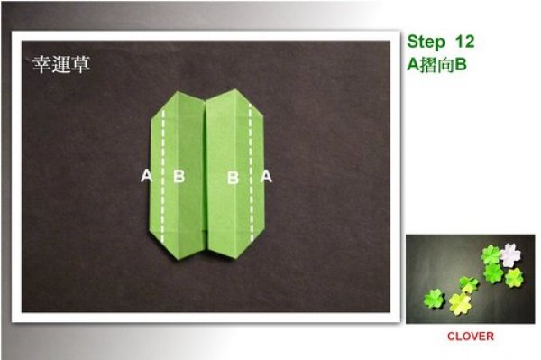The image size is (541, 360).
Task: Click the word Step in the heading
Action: click(426, 42)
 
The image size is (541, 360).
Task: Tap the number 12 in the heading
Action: click(464, 42)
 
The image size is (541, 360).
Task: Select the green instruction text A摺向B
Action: click(436, 64)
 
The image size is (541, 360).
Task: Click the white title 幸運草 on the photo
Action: click(61, 64)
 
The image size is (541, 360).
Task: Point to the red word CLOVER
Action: click(471, 337)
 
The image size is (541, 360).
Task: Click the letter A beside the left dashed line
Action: click(147, 175)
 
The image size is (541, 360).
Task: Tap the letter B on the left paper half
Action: click(179, 176)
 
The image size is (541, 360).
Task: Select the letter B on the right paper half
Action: click(233, 178)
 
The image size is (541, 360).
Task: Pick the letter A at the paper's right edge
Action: click(266, 176)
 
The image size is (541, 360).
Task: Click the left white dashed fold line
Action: click(163, 175)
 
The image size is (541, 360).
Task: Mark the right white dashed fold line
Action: click(251, 172)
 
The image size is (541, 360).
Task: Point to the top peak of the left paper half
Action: click(178, 92)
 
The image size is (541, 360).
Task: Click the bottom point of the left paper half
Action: click(179, 259)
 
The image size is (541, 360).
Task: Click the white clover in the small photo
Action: click(510, 255)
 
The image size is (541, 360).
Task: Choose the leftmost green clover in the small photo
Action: click(434, 299)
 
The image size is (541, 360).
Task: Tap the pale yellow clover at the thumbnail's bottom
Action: click(460, 303)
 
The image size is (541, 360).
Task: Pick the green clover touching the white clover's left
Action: click(491, 255)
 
